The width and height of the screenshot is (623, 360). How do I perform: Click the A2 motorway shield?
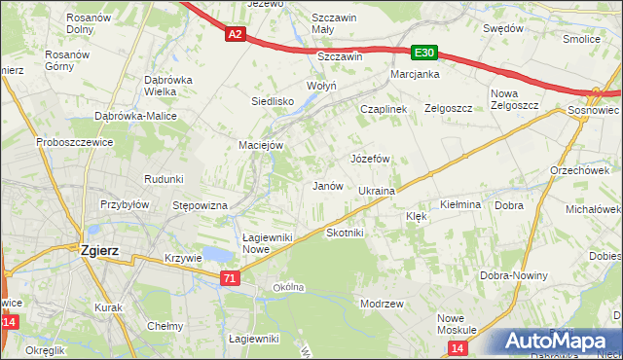[x=235, y=34]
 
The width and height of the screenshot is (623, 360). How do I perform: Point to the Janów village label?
[x=326, y=186]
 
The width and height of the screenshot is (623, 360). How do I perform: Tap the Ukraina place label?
[x=377, y=191]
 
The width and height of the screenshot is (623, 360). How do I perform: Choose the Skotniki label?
[x=345, y=233]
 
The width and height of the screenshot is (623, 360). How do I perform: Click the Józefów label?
[x=370, y=158]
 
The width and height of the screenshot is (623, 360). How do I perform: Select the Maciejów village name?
[x=261, y=145]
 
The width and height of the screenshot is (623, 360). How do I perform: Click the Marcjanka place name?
[x=415, y=74]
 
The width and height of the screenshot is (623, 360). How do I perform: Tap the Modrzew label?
[x=382, y=304]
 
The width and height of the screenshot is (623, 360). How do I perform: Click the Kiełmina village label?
[x=460, y=204]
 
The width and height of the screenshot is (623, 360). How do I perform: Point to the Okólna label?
[x=289, y=287]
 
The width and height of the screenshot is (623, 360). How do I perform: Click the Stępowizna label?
[x=200, y=205]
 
